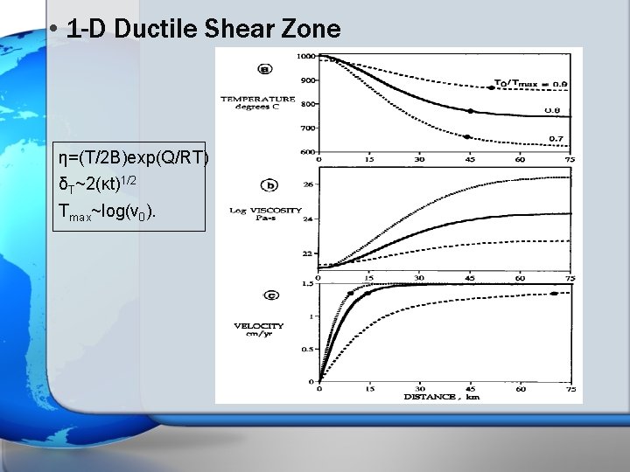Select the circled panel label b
click(x=269, y=185)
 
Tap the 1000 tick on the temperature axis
click(x=307, y=56)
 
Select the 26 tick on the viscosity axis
click(x=308, y=185)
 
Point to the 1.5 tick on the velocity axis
click(x=309, y=284)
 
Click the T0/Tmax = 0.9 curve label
click(x=531, y=84)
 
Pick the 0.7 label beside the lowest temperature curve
click(x=555, y=138)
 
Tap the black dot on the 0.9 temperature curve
click(x=491, y=87)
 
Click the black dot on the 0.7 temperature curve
click(x=468, y=137)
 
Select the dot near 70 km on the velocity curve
click(x=554, y=295)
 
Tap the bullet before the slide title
click(x=54, y=29)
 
